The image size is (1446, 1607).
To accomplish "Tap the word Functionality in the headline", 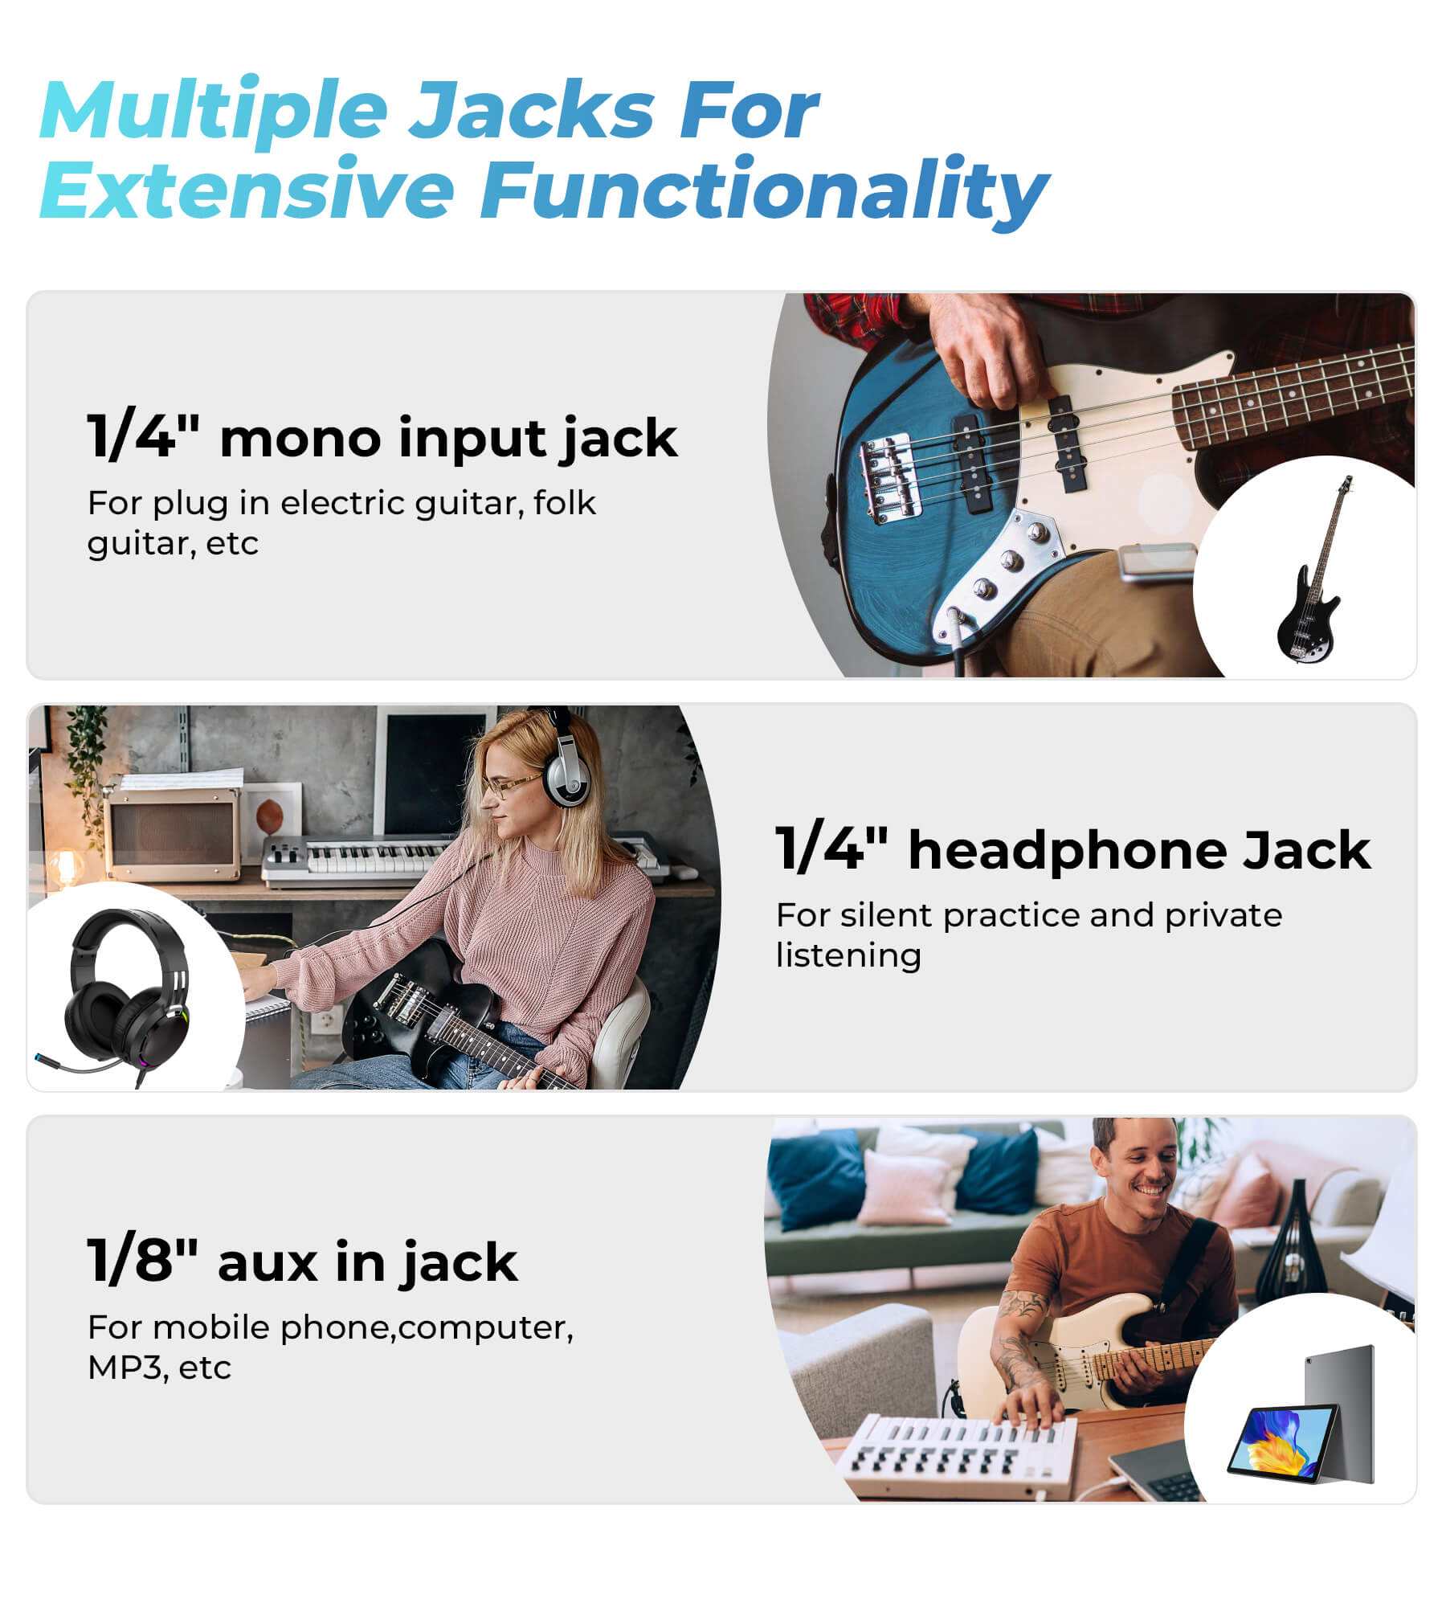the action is (x=764, y=191).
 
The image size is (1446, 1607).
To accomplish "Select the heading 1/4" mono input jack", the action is (x=382, y=439).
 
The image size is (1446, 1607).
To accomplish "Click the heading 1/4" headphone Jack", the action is (x=1073, y=849).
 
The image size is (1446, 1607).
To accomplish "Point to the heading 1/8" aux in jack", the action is (x=302, y=1262).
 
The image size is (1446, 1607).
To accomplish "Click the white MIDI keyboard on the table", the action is (x=956, y=1458).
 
